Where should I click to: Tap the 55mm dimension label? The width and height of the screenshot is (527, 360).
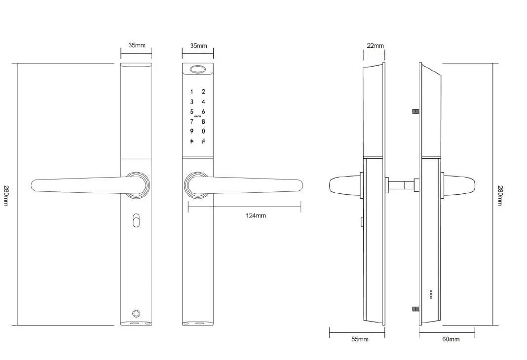point(360,339)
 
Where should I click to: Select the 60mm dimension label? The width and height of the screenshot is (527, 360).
point(451,339)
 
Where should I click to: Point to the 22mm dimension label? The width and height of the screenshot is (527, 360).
point(375,46)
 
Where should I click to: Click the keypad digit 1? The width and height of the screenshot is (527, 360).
point(191,92)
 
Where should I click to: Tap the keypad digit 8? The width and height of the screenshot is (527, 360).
point(203,121)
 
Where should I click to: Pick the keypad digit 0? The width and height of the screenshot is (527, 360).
point(203,131)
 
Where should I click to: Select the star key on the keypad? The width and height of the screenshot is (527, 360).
point(191,142)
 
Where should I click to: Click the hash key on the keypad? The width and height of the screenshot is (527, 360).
point(203,142)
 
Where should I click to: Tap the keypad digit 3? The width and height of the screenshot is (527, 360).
point(191,102)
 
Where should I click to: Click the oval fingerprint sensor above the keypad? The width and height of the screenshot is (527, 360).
point(198,70)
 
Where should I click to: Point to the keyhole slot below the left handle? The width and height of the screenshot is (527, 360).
point(136,220)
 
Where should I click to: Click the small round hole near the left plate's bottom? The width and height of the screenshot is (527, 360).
point(136,313)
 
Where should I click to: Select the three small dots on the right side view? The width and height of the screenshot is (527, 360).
point(431,294)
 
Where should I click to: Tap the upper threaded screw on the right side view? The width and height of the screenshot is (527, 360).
point(415,111)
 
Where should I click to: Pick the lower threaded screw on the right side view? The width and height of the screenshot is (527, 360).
point(415,309)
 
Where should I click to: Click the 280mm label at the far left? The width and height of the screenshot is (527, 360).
point(6,195)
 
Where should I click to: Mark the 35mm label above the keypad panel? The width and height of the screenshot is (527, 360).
point(198,46)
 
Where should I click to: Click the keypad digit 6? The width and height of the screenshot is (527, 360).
point(203,111)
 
